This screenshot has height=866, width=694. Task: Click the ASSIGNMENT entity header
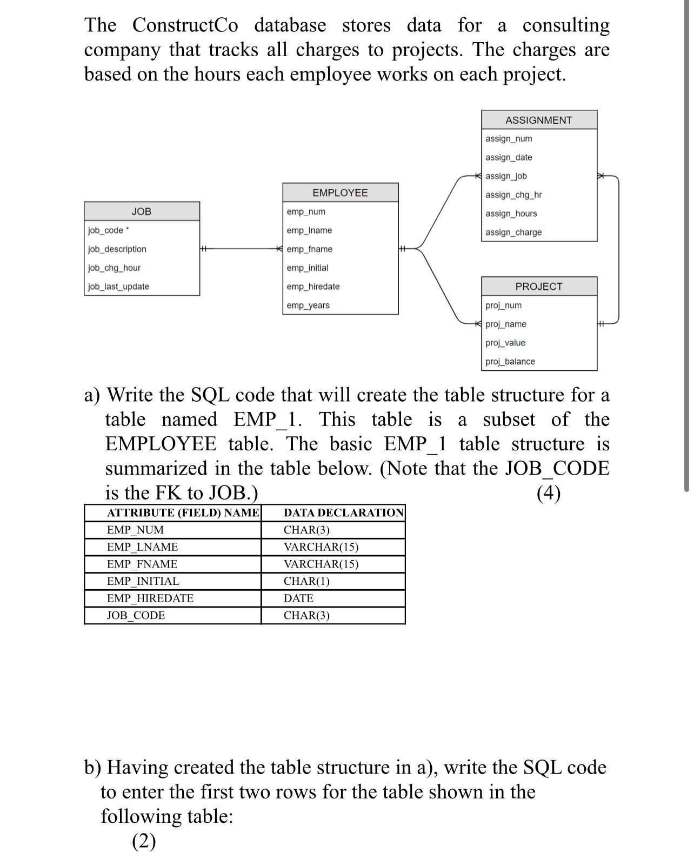[x=538, y=120]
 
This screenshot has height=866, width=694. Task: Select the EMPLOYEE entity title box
[x=340, y=193]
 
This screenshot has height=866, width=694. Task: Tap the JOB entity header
[x=142, y=211]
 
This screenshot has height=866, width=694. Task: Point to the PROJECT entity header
[x=538, y=287]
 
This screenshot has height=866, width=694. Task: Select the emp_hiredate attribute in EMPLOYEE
[x=313, y=287]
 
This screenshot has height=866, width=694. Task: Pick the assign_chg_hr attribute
[x=513, y=195]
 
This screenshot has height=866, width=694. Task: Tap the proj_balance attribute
[x=510, y=362]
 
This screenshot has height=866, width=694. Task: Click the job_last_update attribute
[x=118, y=287]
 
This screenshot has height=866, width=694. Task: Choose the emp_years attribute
[x=308, y=305]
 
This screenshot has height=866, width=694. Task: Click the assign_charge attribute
[x=513, y=232]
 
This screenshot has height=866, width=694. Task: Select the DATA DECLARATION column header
[x=344, y=512]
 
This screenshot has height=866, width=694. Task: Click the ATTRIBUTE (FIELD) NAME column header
[x=183, y=512]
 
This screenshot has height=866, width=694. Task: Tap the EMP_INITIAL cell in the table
[x=143, y=581]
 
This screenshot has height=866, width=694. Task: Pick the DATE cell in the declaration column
[x=298, y=598]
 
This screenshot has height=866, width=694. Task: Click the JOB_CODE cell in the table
[x=136, y=616]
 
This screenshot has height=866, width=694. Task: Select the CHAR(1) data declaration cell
[x=306, y=581]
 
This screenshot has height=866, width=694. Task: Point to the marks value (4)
[x=548, y=493]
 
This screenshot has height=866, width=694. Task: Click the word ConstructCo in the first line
[x=185, y=25]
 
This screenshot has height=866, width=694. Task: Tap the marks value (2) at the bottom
[x=144, y=841]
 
